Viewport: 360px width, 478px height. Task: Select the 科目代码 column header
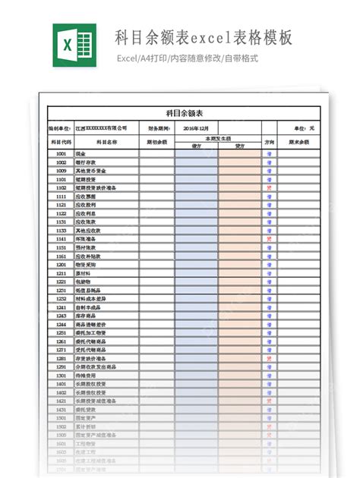61,142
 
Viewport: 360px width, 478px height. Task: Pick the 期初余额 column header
156,142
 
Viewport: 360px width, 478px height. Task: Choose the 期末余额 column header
298,142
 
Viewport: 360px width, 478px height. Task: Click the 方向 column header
269,142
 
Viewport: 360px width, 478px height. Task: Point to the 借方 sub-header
196,146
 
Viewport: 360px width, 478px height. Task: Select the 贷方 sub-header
239,146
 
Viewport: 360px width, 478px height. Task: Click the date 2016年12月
196,128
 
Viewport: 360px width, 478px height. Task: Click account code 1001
62,154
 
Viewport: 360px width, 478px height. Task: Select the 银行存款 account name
86,162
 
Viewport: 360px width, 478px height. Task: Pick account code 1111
62,196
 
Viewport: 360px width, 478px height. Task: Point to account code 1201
62,264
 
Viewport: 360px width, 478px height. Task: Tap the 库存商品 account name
86,315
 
